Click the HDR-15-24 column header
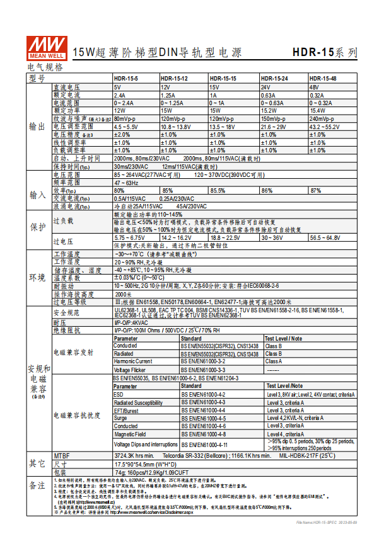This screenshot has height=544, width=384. pos(274,79)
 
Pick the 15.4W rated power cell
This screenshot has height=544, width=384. pos(318,110)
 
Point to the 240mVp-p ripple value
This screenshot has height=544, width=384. pos(322,118)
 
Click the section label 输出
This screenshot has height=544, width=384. pos(37,126)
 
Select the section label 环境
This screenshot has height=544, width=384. pos(37,278)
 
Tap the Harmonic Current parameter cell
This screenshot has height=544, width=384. pos(133,361)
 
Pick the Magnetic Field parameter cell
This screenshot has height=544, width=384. pos(131,434)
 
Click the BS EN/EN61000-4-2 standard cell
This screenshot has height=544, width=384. pos(204,394)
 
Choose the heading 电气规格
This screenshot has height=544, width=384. pos(45,67)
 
